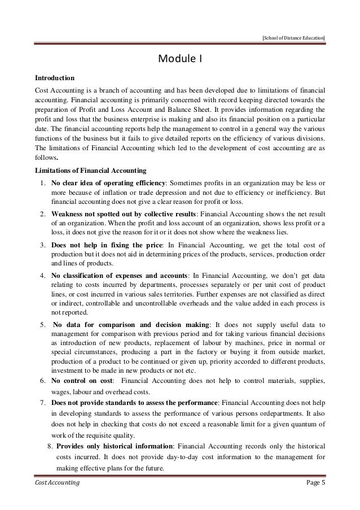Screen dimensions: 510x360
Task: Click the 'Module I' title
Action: tap(179, 58)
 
